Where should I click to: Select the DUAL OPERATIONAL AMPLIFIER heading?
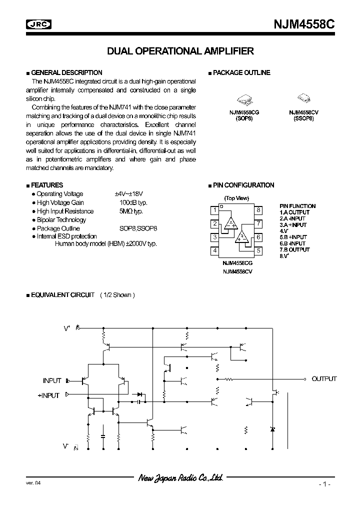click(181, 51)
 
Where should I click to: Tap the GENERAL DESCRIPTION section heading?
click(66, 72)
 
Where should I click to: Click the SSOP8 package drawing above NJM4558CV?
click(303, 97)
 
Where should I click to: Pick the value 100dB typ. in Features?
click(133, 203)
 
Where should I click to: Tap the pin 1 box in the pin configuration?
click(214, 210)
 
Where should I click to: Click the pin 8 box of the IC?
click(258, 210)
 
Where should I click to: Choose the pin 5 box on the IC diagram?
click(258, 250)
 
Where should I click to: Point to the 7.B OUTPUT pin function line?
click(294, 249)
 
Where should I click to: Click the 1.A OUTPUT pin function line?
click(294, 212)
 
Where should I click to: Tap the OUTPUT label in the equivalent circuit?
click(324, 379)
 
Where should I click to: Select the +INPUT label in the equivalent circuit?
click(48, 395)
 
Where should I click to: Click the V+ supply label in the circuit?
click(66, 328)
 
